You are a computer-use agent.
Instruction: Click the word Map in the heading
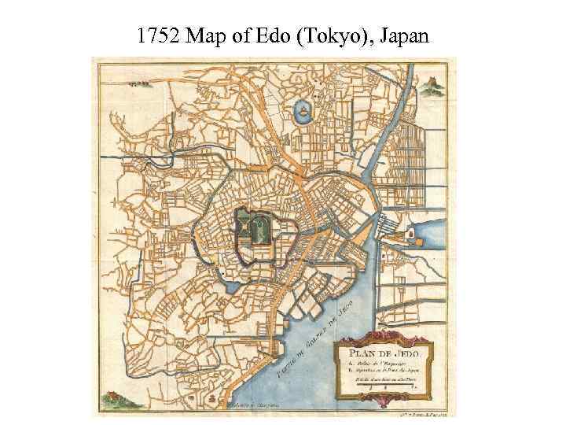coord(206,35)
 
